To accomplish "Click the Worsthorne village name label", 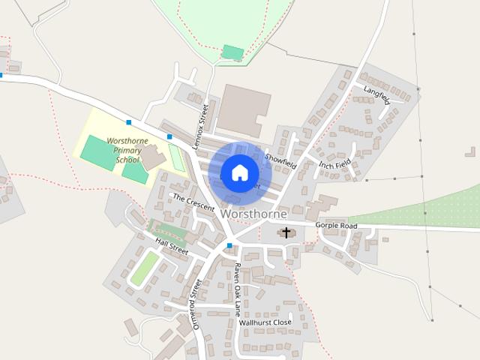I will tap(253, 214).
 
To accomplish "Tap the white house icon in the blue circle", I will tap(239, 172).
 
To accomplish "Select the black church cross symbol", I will tap(286, 232).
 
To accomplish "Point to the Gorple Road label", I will tap(337, 225).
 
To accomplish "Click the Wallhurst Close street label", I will tap(265, 322).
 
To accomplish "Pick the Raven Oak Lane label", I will tap(237, 289).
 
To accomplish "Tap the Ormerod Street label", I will tap(196, 303).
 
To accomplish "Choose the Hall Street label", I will tap(172, 246).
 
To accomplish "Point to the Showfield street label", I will tap(280, 160).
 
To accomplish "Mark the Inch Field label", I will tap(334, 163).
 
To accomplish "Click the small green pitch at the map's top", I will tap(233, 52).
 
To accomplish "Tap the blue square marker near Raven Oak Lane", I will tap(229, 245).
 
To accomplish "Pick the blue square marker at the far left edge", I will tap(1, 75).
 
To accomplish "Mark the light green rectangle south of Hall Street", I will tap(145, 268).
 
